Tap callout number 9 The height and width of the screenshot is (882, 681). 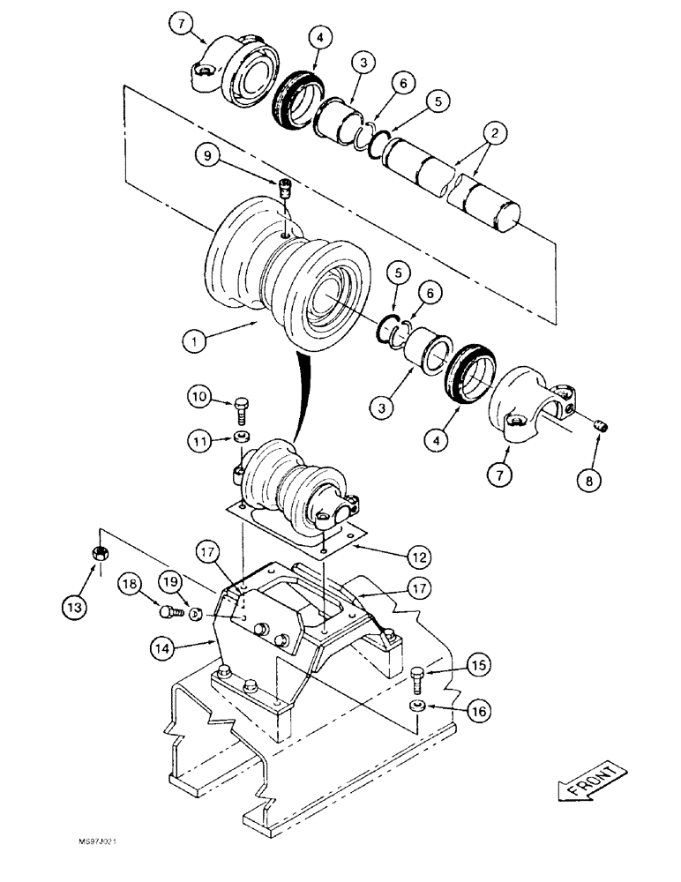point(207,157)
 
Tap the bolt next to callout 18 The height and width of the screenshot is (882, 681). point(168,609)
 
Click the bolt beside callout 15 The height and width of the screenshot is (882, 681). point(418,678)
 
